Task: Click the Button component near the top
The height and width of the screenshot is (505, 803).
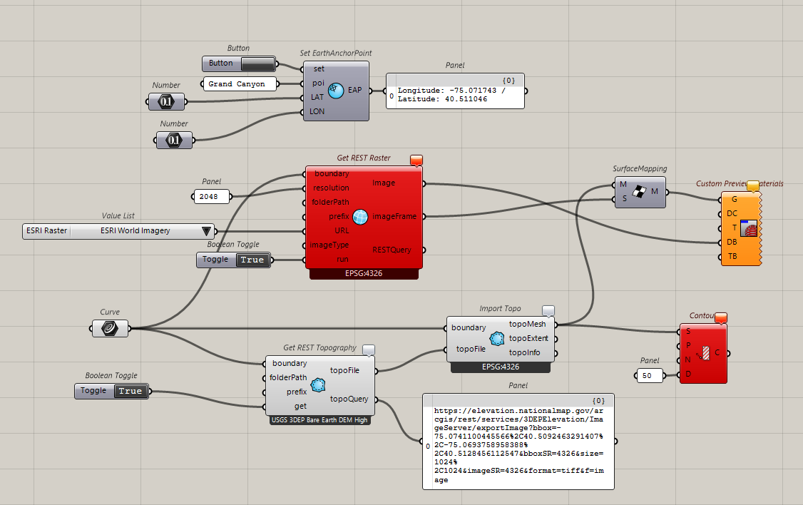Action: pyautogui.click(x=238, y=63)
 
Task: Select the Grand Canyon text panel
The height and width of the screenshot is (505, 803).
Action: pyautogui.click(x=237, y=84)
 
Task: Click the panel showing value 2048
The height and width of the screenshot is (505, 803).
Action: pyautogui.click(x=209, y=196)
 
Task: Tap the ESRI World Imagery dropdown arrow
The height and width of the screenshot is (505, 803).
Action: pyautogui.click(x=207, y=231)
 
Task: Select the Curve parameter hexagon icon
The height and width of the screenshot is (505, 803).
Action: pyautogui.click(x=111, y=328)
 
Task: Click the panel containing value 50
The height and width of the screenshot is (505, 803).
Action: pyautogui.click(x=649, y=375)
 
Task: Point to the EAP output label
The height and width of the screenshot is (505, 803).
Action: pyautogui.click(x=355, y=91)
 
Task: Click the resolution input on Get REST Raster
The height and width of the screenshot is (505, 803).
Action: pyautogui.click(x=332, y=188)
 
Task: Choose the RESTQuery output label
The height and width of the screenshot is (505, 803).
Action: pyautogui.click(x=392, y=250)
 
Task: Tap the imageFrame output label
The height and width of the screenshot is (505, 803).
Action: pyautogui.click(x=394, y=216)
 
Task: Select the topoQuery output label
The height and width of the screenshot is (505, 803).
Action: pyautogui.click(x=349, y=399)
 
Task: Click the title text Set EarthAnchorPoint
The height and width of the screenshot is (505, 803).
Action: pyautogui.click(x=336, y=53)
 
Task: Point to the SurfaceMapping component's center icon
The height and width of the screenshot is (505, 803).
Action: pyautogui.click(x=640, y=192)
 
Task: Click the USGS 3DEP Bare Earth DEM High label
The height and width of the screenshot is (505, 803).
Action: pyautogui.click(x=319, y=420)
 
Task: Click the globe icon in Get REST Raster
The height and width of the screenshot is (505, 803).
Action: pyautogui.click(x=360, y=216)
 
